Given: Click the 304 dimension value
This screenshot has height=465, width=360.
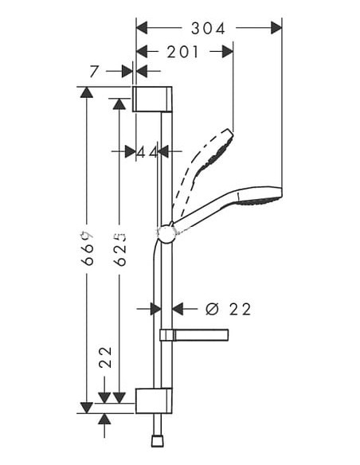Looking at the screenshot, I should coord(209,28).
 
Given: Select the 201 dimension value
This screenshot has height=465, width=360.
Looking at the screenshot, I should coord(183,52).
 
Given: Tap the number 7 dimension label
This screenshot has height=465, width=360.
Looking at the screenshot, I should coord(95,72).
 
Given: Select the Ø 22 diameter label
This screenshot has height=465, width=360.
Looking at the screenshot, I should coord(229,309).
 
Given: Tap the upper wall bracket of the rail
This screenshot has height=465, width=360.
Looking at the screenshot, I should coord(152,99).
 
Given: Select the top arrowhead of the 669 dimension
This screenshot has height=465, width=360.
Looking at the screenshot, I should coord(87,92).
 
